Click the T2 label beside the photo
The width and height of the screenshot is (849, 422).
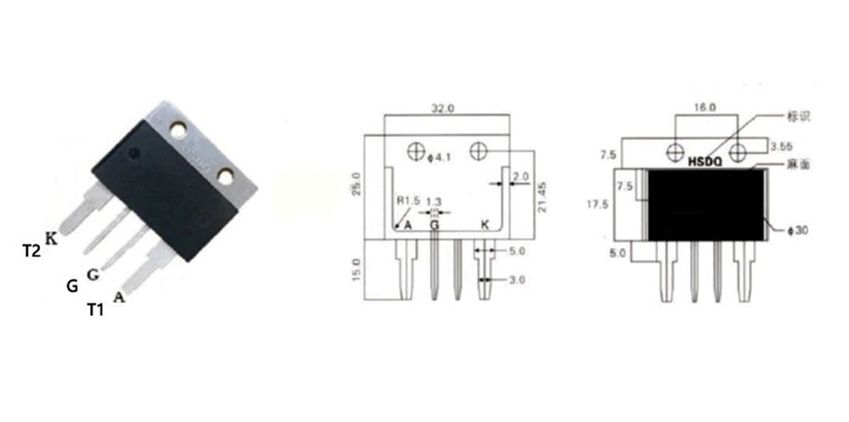pyautogui.click(x=31, y=250)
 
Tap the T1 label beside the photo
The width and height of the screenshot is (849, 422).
pyautogui.click(x=95, y=311)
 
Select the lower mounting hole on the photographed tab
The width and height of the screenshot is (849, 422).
pyautogui.click(x=226, y=176)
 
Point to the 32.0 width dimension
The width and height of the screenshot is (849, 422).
pyautogui.click(x=444, y=109)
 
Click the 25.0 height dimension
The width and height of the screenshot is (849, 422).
pyautogui.click(x=357, y=182)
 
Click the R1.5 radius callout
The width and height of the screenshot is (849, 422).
pyautogui.click(x=410, y=201)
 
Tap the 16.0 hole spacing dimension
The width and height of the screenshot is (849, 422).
pyautogui.click(x=705, y=108)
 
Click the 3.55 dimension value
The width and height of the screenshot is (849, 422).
pyautogui.click(x=782, y=145)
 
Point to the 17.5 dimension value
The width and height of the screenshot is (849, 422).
pyautogui.click(x=600, y=205)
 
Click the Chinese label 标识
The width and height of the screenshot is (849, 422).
pyautogui.click(x=800, y=115)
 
